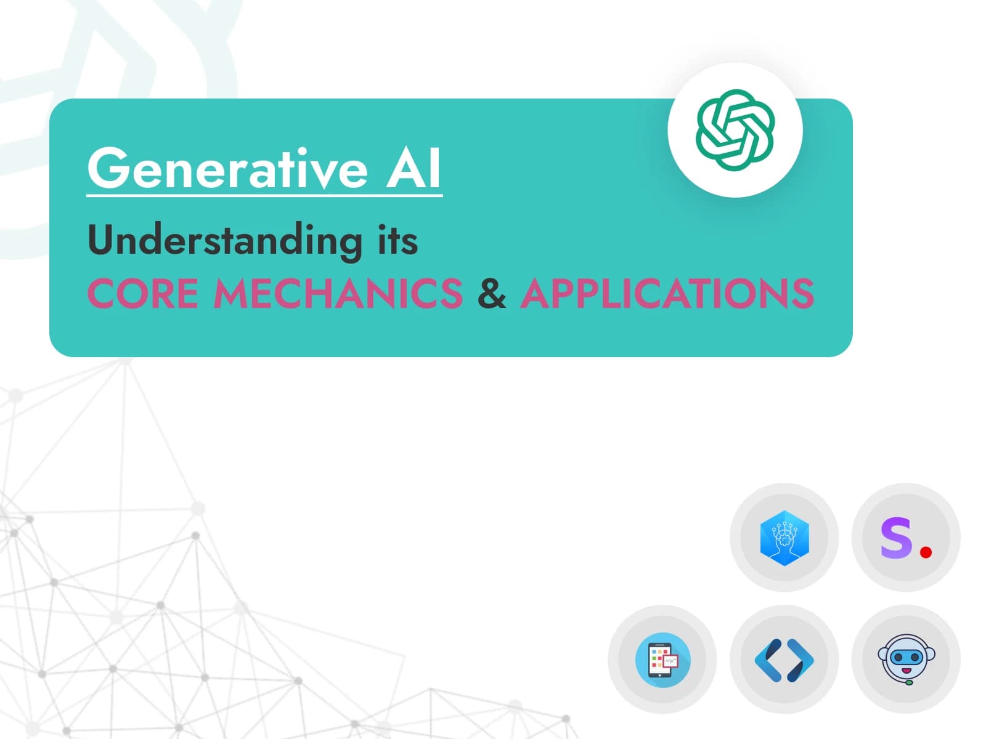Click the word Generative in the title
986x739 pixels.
228,168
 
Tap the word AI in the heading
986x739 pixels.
414,168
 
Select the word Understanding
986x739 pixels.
224,242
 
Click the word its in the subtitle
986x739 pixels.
397,241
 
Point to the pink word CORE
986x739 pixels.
143,293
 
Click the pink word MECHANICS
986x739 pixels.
338,293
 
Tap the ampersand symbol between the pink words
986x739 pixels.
491,293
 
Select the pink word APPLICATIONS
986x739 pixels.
667,293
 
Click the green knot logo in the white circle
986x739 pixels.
735,130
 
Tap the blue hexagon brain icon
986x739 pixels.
784,538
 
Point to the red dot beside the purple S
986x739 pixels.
926,551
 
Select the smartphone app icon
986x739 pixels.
662,660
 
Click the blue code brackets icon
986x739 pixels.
784,660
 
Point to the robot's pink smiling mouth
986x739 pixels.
907,671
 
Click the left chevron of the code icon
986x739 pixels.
768,660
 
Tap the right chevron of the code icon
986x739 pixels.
801,660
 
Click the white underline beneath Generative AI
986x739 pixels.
264,195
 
